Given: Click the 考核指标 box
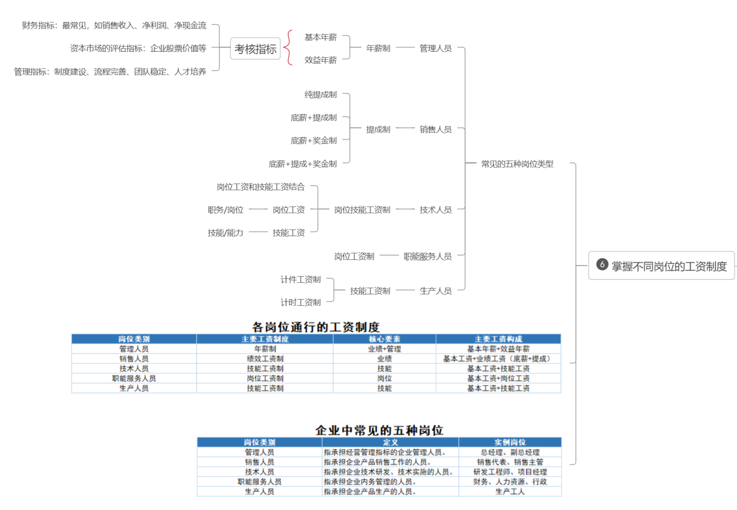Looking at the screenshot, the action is point(255,49).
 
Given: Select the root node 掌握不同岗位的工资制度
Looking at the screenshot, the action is point(661,266).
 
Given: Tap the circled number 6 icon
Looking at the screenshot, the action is point(602,264).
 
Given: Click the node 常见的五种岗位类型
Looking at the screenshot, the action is point(517,164).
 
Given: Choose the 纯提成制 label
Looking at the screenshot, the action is point(320,95).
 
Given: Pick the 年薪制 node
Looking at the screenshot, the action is point(378,48).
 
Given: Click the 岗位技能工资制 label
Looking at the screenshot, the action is point(362,210).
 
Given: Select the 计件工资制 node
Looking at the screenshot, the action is point(300,280).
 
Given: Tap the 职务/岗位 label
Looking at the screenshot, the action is point(225,210).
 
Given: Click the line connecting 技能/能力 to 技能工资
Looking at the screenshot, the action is point(258,232).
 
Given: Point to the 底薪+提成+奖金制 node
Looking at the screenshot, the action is point(302,164).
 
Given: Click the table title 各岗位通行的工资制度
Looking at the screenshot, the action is point(316,327).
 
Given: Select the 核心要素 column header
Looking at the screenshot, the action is point(385,339).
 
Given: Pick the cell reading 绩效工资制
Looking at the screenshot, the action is point(265,359).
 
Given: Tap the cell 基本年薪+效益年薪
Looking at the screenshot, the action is point(498,349).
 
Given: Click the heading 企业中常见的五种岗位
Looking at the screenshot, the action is point(379,430).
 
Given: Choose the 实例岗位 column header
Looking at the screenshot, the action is point(510,442).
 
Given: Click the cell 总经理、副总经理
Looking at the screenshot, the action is point(510,452).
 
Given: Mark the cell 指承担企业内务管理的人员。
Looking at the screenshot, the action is point(370,482).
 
